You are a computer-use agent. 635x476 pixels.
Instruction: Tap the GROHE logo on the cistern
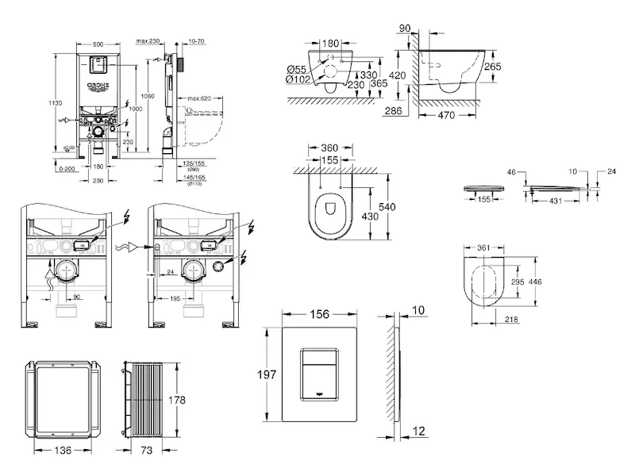97,84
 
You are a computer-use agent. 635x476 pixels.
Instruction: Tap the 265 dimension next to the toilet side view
493,67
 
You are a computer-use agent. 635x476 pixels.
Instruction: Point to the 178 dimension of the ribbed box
177,401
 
